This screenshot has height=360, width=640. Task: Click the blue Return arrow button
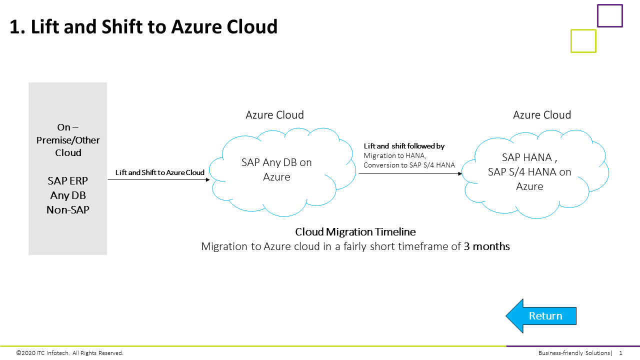pos(542,316)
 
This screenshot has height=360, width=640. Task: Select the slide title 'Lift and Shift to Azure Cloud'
pos(143,26)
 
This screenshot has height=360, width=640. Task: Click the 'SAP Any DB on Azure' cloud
pos(276,169)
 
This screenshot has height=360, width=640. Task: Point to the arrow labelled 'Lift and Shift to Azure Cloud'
pos(159,179)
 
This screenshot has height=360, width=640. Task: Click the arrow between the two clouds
pos(409,174)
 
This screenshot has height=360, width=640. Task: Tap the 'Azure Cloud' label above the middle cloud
pos(274,115)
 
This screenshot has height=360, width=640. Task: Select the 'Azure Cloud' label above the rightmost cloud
pos(542,115)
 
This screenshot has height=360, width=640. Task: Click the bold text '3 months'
pos(486,246)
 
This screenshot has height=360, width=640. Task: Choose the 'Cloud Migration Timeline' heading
pos(355,232)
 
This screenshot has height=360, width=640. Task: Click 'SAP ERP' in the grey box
pos(68,181)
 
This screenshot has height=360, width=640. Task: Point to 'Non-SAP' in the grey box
pos(68,210)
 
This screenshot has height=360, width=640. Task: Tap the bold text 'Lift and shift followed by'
pos(404,146)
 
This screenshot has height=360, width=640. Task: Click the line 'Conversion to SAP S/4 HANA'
pos(409,165)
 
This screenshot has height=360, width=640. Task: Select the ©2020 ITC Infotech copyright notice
pos(69,353)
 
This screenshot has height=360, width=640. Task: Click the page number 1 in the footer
pos(620,353)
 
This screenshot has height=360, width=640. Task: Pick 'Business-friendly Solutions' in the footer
pos(574,353)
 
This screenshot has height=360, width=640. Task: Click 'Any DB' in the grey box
pos(68,195)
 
